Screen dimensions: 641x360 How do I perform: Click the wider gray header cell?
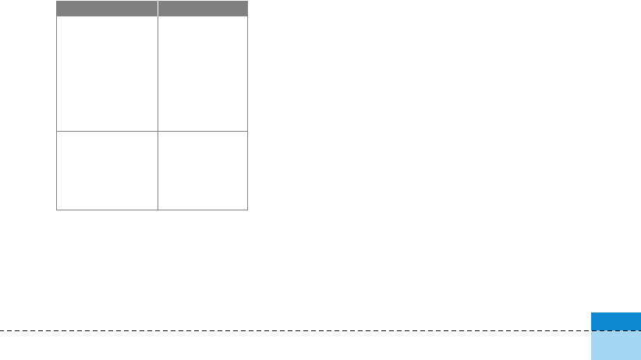pyautogui.click(x=107, y=9)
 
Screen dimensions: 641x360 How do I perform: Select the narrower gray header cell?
pyautogui.click(x=203, y=9)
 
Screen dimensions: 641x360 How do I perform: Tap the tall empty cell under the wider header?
pyautogui.click(x=107, y=73)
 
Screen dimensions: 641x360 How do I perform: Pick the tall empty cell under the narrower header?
pyautogui.click(x=203, y=73)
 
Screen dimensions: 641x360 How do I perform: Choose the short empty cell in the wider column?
pyautogui.click(x=107, y=170)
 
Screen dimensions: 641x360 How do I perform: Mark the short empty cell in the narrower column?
pyautogui.click(x=203, y=170)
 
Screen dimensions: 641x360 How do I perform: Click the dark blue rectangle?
pyautogui.click(x=615, y=321)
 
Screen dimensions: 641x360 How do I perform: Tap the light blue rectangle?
pyautogui.click(x=615, y=345)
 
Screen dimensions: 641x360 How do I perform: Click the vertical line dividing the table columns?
pyautogui.click(x=158, y=94)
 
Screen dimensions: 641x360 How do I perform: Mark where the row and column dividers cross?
pyautogui.click(x=158, y=131)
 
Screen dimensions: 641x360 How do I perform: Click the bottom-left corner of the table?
pyautogui.click(x=56, y=210)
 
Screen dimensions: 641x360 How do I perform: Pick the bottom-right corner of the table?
pyautogui.click(x=247, y=210)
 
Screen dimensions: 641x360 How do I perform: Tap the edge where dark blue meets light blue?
pyautogui.click(x=615, y=330)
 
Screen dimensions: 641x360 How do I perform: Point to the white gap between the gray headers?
pyautogui.click(x=158, y=9)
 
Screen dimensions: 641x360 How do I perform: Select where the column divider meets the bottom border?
pyautogui.click(x=158, y=210)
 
